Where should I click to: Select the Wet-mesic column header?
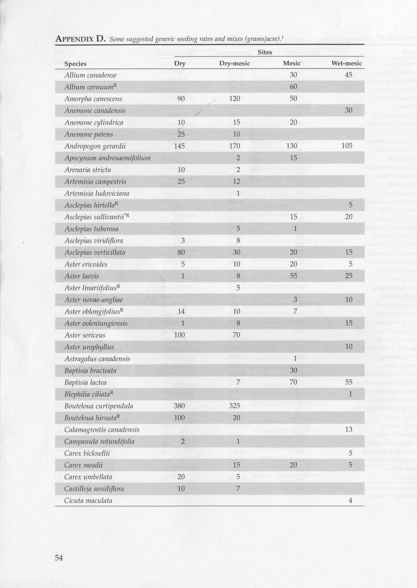tap(347, 63)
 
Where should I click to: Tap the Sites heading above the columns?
tap(265, 52)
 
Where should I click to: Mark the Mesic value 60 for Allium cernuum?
tap(293, 87)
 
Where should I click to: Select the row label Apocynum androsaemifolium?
tap(107, 158)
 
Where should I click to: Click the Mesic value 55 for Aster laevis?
tap(293, 276)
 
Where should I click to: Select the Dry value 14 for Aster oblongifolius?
tap(181, 312)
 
